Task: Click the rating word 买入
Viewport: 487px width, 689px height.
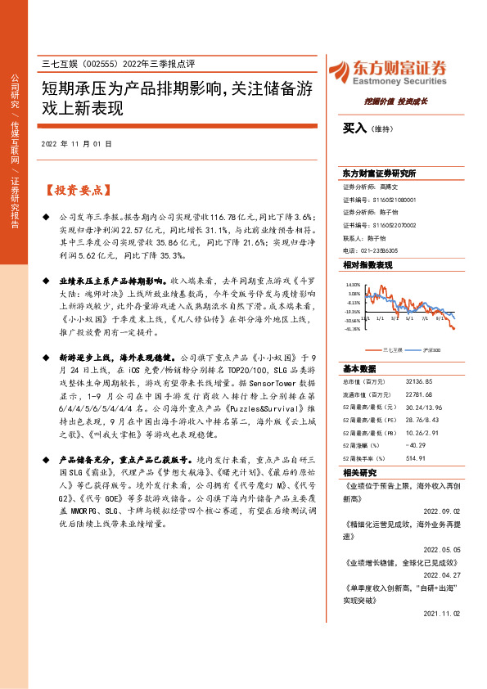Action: pos(354,128)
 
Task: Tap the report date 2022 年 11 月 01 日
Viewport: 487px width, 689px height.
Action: pos(75,144)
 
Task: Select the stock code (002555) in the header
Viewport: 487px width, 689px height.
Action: pos(101,64)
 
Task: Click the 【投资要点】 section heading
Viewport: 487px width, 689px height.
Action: pos(74,190)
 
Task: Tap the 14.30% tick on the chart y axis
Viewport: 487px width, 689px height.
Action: pos(353,286)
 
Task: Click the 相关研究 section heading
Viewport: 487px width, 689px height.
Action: pos(360,473)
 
